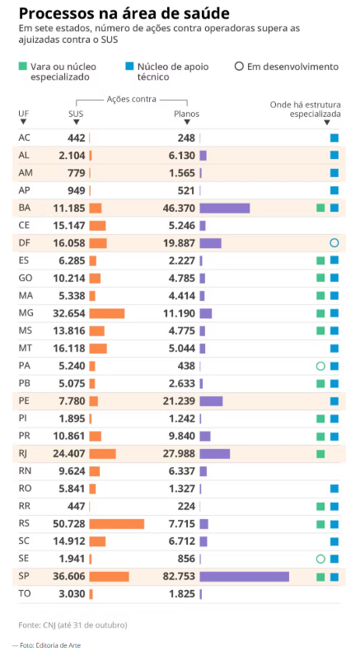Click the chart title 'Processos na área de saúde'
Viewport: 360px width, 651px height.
click(124, 13)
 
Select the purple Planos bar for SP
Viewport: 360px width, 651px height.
click(244, 577)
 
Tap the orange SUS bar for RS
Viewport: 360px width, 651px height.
click(116, 524)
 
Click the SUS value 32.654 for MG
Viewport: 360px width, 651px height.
click(68, 313)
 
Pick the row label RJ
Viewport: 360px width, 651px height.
click(25, 453)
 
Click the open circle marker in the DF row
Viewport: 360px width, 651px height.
click(334, 243)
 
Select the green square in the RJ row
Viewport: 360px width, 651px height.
click(320, 454)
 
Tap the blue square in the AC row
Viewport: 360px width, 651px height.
click(334, 138)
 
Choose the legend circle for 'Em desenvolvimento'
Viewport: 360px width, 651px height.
click(239, 66)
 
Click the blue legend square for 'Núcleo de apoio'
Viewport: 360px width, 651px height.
click(130, 66)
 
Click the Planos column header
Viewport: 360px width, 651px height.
click(186, 114)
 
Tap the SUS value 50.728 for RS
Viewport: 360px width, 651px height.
click(68, 524)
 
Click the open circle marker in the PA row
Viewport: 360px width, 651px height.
click(320, 366)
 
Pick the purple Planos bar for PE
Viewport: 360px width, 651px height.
click(211, 401)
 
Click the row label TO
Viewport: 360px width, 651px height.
click(25, 594)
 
